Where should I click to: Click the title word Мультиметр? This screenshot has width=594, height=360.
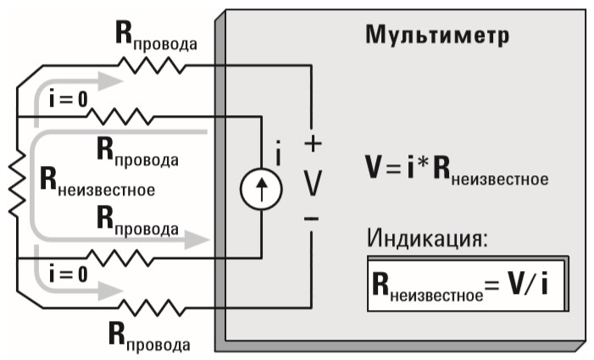(437, 35)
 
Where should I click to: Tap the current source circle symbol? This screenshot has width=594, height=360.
(259, 189)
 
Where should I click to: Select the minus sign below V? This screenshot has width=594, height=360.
(312, 219)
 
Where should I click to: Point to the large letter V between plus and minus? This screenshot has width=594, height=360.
(312, 182)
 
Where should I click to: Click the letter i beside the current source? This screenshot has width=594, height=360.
(277, 155)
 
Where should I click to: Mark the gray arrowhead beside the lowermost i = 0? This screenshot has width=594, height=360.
(108, 291)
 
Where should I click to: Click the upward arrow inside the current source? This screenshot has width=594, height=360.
(259, 189)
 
